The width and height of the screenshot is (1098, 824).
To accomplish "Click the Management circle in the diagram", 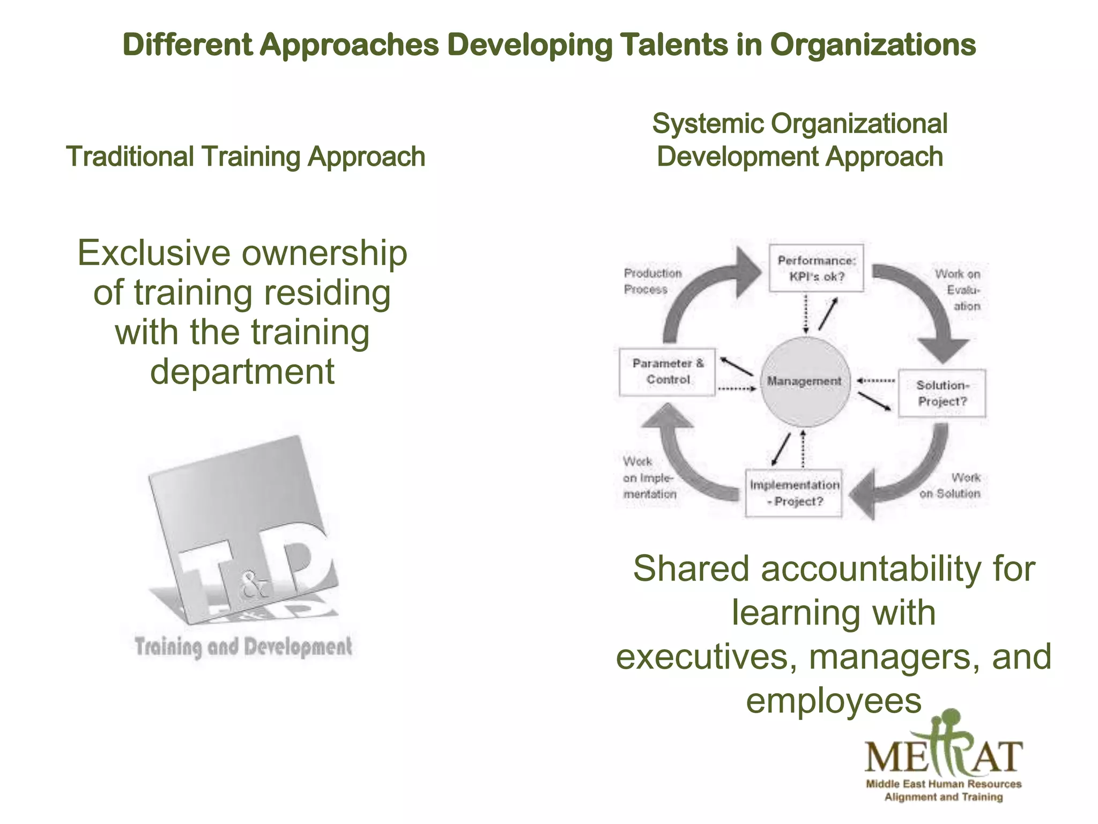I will point(805,381).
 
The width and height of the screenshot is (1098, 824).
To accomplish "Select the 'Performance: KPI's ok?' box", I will point(816,268).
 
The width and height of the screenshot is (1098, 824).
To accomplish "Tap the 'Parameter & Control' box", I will point(667,371).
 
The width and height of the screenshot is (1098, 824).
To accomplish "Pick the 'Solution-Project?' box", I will point(942,393).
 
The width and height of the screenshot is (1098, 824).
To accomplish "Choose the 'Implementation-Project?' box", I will point(794,493).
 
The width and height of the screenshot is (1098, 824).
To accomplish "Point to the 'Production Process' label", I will point(652,281).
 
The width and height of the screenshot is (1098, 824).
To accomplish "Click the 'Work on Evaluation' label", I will point(959,290).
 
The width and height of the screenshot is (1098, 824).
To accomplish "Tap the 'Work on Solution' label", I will point(951,485).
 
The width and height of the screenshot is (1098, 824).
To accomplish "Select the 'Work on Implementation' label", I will point(649,477).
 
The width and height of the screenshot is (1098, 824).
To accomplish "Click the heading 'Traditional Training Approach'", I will point(246,157).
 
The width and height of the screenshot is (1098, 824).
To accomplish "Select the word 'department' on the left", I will point(242,371).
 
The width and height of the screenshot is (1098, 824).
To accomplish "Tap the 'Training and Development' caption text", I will point(243,646).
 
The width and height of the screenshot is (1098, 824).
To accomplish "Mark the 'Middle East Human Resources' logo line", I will point(944,784).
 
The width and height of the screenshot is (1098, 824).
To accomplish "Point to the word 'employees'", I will point(834,700).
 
